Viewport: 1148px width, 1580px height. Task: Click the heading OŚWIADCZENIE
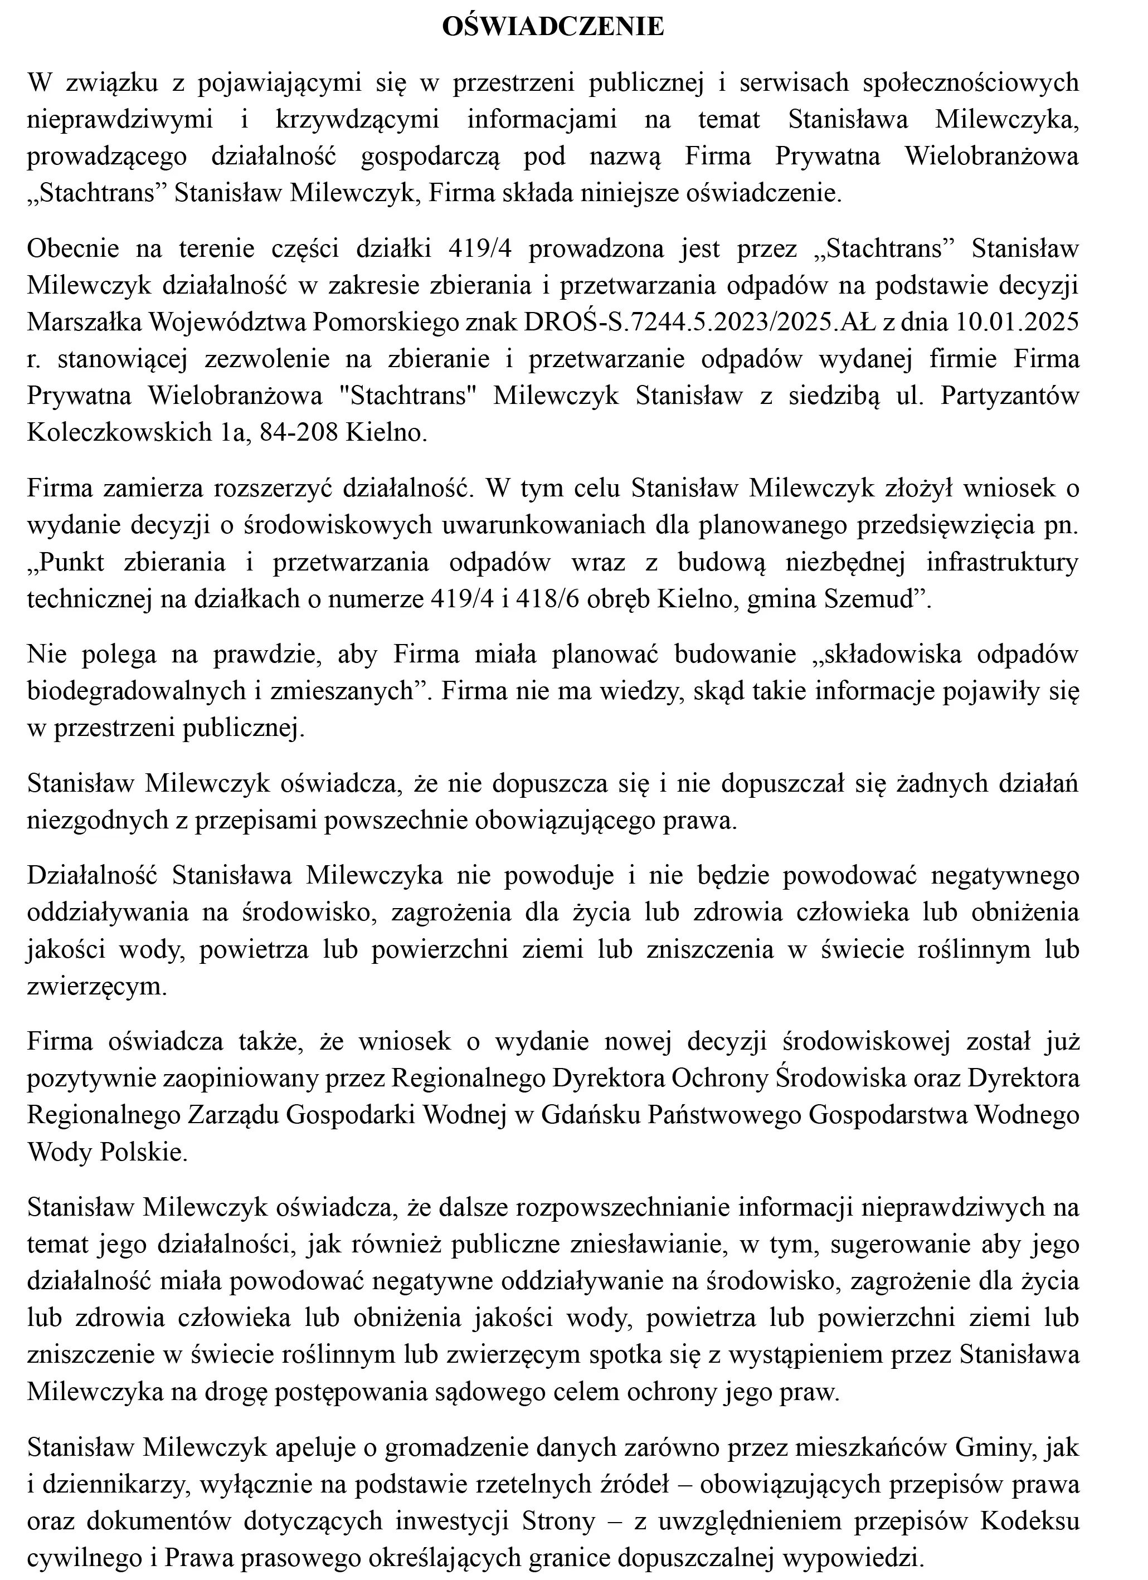point(553,27)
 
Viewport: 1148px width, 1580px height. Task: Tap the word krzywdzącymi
point(357,119)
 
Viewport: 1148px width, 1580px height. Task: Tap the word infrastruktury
point(1001,562)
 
